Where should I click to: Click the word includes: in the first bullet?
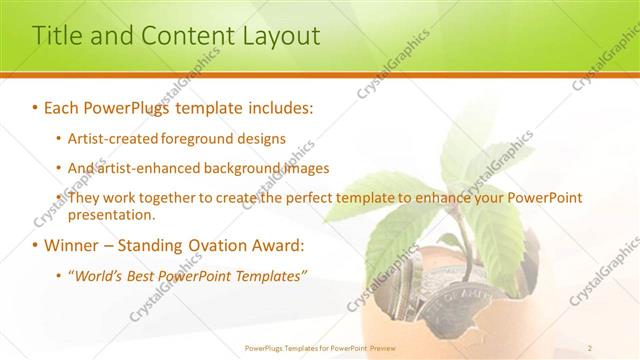click(273, 106)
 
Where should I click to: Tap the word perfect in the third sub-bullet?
click(306, 198)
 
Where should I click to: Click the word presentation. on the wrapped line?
click(111, 215)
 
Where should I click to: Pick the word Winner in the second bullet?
click(71, 246)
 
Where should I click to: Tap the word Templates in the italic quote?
click(271, 276)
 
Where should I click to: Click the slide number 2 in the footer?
click(590, 347)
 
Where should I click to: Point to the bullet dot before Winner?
click(35, 246)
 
